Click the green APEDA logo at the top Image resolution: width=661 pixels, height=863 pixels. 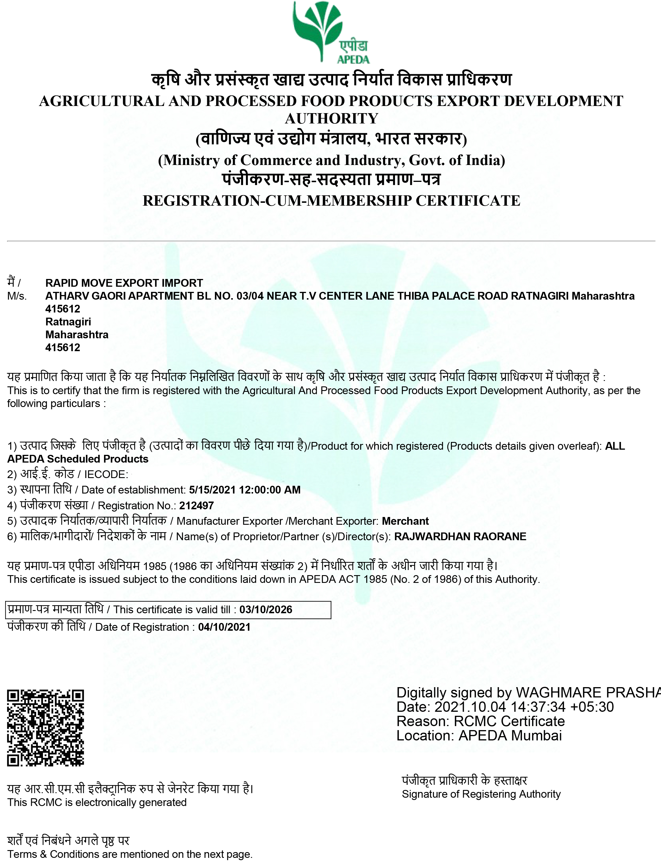330,32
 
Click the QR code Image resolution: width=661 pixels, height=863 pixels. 46,728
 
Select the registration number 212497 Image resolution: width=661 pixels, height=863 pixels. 196,505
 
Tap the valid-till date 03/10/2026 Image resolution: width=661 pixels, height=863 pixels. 266,610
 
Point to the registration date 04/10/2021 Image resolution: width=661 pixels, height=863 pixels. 224,627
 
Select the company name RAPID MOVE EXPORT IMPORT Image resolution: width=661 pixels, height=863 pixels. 124,283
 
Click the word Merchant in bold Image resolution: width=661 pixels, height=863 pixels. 405,521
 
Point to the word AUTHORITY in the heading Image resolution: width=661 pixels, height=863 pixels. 331,118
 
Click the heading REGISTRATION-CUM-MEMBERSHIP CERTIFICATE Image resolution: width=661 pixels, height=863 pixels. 331,200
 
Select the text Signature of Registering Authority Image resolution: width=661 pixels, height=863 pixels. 481,794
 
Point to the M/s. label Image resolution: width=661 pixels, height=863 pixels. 17,296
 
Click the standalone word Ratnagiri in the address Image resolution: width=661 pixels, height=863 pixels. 68,322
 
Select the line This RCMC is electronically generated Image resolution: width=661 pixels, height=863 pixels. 97,802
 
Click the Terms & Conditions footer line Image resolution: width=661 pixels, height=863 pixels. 130,854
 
